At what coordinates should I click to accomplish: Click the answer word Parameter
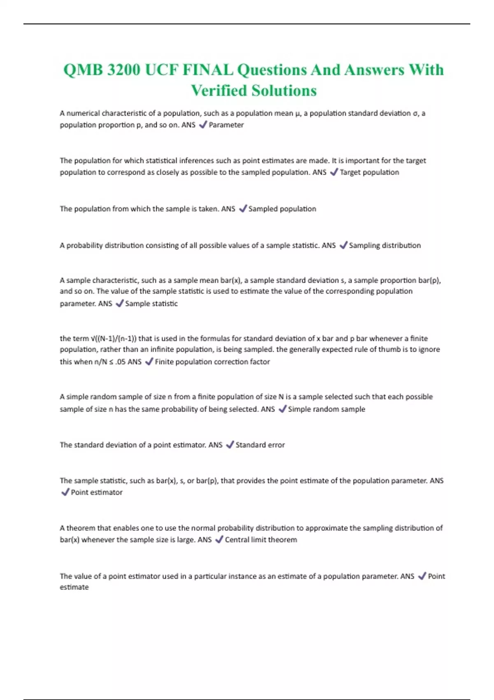pyautogui.click(x=226, y=125)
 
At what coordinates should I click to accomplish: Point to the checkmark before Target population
pyautogui.click(x=334, y=172)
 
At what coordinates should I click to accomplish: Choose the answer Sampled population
pyautogui.click(x=282, y=209)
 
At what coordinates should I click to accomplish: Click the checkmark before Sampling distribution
pyautogui.click(x=343, y=245)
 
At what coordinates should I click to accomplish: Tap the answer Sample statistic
pyautogui.click(x=151, y=303)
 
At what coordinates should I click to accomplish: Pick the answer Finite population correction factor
pyautogui.click(x=212, y=362)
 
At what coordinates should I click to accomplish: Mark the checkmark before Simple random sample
pyautogui.click(x=282, y=409)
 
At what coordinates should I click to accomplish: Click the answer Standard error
pyautogui.click(x=260, y=445)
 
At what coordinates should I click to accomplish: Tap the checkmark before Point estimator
pyautogui.click(x=65, y=492)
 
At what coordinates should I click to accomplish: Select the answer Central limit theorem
pyautogui.click(x=261, y=539)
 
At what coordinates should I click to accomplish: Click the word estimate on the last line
pyautogui.click(x=74, y=587)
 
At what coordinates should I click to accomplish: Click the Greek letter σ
pyautogui.click(x=415, y=114)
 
